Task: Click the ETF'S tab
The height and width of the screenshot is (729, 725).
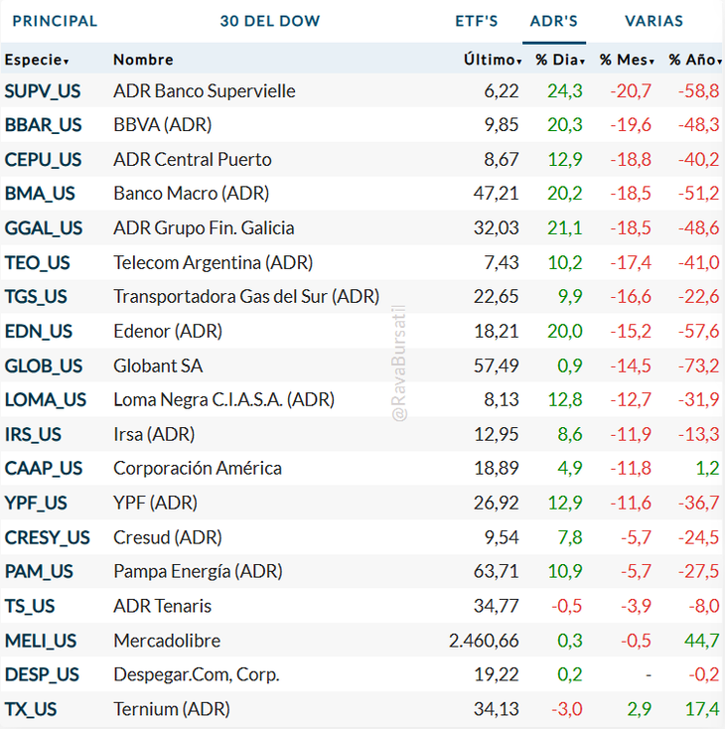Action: tap(477, 21)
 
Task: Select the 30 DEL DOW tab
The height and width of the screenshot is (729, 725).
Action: tap(270, 21)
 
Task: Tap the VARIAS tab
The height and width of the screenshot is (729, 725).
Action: tap(653, 21)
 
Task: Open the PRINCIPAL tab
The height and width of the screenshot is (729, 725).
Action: tap(55, 21)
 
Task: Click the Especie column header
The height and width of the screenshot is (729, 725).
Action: tap(37, 60)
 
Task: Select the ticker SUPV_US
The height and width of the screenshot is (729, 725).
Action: tap(43, 91)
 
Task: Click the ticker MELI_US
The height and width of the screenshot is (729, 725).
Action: tap(41, 641)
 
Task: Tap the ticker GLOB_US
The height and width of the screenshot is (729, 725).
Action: tap(44, 365)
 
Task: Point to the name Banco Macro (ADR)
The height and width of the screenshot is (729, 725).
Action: tap(191, 194)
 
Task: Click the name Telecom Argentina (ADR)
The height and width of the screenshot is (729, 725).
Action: tap(213, 262)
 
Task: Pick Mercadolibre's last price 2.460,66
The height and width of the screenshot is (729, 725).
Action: tap(484, 641)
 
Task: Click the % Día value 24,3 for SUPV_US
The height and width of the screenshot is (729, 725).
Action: tap(564, 91)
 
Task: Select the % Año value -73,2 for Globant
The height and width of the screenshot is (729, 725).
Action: tap(699, 365)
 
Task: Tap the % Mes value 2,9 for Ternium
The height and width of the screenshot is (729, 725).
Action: tap(639, 709)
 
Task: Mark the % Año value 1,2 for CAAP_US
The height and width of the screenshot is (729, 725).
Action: tap(707, 469)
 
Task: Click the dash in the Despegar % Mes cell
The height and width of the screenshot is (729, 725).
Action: tap(648, 675)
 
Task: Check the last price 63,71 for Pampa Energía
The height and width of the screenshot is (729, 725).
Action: tap(497, 572)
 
